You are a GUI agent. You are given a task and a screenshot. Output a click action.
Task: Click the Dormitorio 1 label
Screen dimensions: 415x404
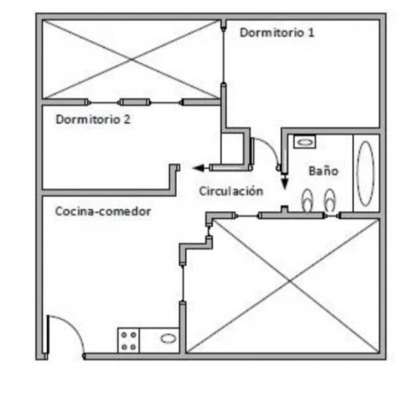click(277, 32)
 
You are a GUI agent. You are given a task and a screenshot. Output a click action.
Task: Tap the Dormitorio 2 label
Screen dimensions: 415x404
click(93, 119)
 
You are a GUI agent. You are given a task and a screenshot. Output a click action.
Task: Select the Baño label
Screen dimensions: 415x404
click(323, 171)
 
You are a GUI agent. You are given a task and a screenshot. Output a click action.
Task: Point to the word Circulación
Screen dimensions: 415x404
click(231, 191)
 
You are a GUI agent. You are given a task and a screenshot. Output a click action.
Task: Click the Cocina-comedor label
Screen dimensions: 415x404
click(102, 211)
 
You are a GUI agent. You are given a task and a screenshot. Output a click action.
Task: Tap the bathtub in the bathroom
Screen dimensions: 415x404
click(366, 173)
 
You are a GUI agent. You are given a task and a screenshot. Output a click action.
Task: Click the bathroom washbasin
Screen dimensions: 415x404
click(305, 142)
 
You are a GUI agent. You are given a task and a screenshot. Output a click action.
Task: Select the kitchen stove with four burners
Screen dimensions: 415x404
click(128, 340)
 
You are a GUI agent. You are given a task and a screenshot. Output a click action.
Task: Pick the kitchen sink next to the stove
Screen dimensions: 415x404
click(168, 338)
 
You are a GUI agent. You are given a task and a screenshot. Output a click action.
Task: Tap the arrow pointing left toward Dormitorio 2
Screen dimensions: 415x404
click(200, 168)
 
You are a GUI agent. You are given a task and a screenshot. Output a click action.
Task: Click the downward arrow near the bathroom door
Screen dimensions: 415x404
click(285, 181)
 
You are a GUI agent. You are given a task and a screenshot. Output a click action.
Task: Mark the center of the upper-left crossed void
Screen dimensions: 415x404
click(131, 59)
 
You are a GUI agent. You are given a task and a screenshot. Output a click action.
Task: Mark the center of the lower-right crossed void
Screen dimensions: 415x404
click(290, 281)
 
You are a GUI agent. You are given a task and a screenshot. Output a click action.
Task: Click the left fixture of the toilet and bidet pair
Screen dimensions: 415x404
click(307, 201)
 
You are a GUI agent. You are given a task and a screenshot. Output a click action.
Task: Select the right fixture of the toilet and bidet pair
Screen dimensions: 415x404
click(330, 200)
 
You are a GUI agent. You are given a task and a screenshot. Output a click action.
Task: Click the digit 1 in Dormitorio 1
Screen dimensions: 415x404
click(311, 32)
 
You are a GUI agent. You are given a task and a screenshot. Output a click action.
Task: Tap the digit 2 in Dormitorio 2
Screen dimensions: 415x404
click(127, 119)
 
